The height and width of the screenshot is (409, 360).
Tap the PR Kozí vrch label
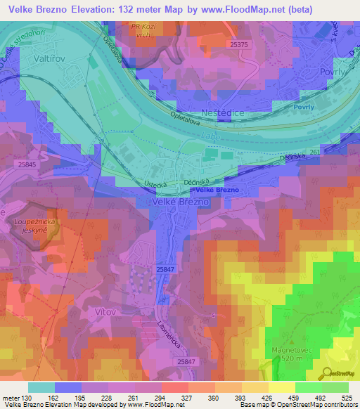tap(145, 30)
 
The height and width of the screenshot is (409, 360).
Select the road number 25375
tap(239, 44)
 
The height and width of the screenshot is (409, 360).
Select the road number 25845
tap(27, 164)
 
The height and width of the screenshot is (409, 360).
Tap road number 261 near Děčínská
tap(314, 151)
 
